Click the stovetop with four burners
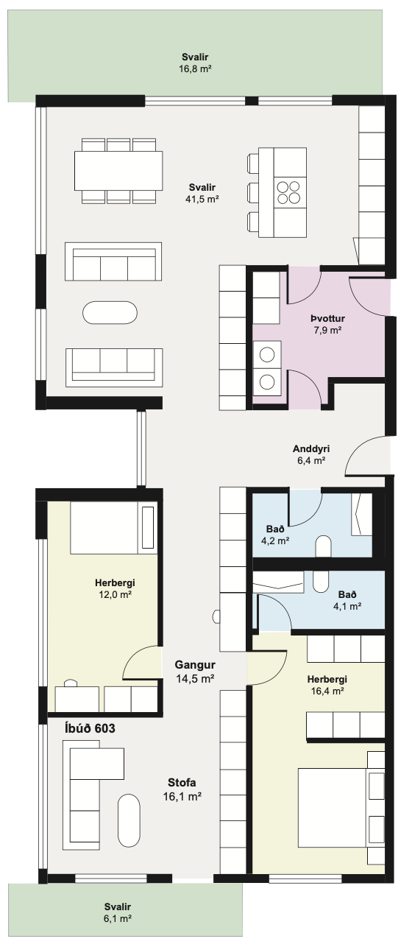(288, 192)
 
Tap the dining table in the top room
(118, 172)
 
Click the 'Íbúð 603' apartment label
(90, 728)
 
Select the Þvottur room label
(327, 318)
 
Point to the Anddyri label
(311, 448)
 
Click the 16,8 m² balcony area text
(195, 68)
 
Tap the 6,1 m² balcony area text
(118, 918)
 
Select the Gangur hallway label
(195, 665)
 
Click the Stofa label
(182, 783)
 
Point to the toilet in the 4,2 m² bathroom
(324, 546)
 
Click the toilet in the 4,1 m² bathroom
(321, 581)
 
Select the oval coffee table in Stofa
(129, 820)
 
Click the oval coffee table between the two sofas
(110, 313)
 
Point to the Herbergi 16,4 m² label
(327, 686)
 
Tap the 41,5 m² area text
(202, 199)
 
